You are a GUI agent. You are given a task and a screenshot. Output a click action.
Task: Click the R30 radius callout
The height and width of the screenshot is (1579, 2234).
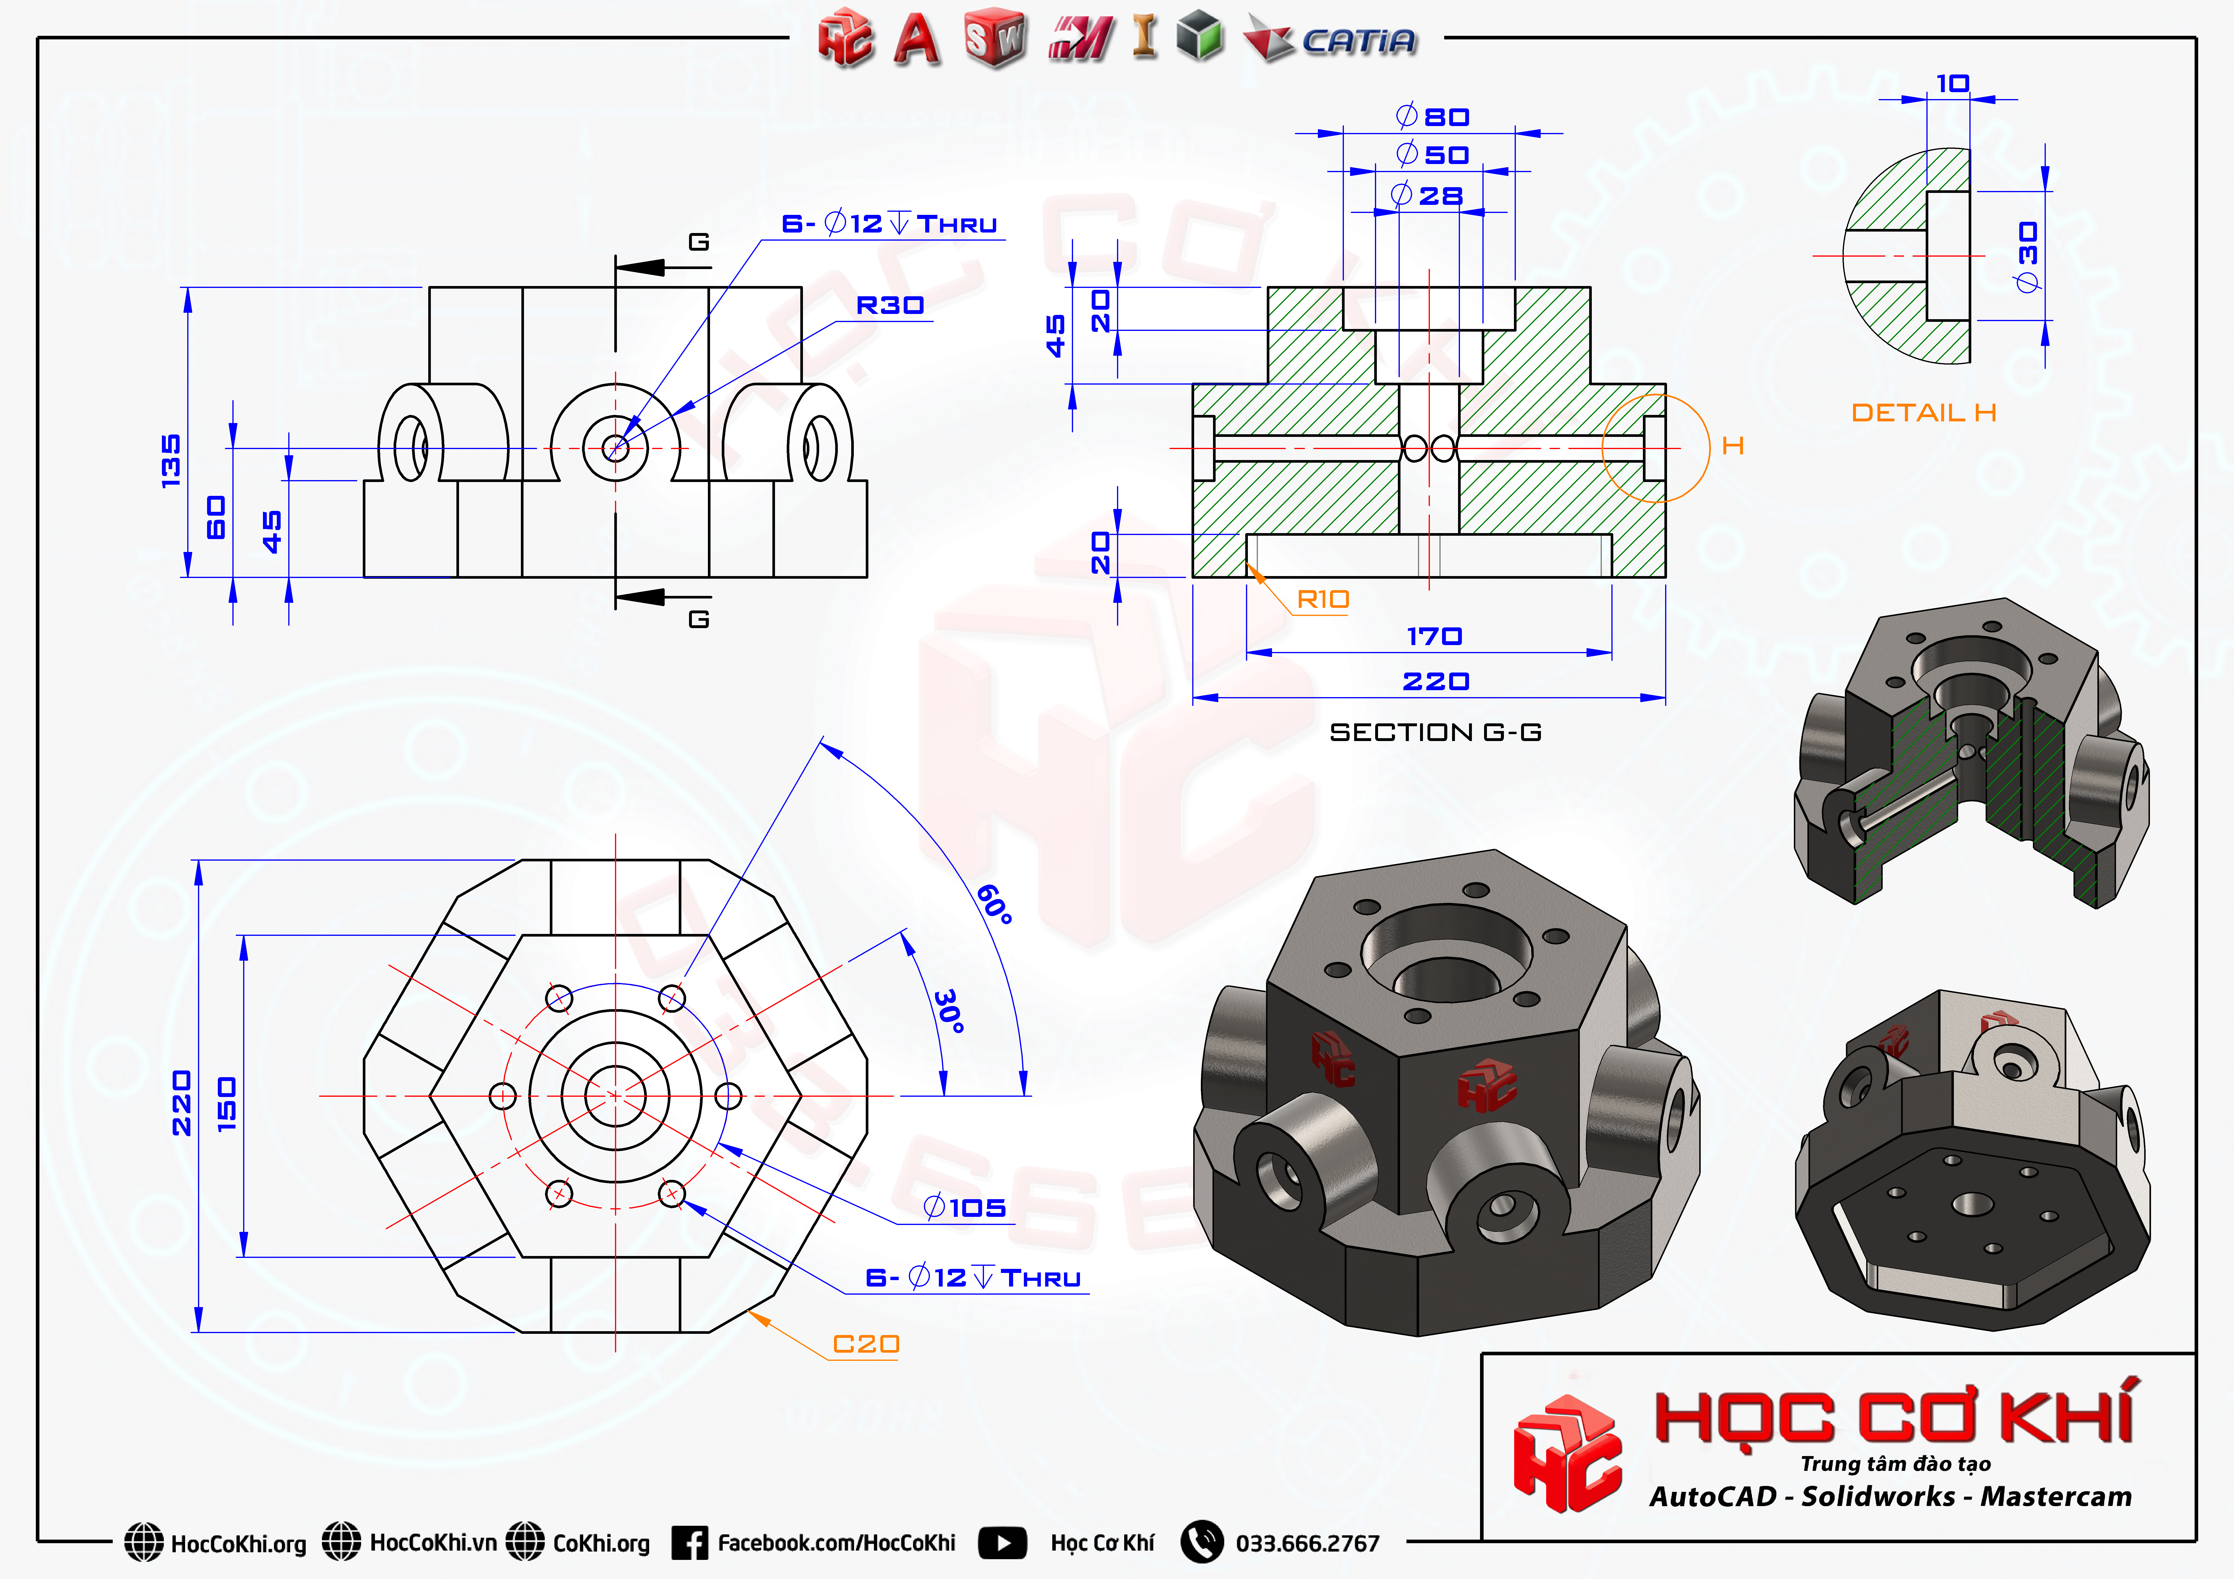[889, 306]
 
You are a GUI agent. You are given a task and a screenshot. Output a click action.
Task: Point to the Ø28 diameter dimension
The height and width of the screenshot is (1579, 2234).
[1427, 196]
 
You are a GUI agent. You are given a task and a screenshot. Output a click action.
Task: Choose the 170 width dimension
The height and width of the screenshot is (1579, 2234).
[1434, 636]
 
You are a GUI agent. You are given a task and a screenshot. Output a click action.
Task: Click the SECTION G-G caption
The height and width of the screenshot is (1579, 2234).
[1435, 732]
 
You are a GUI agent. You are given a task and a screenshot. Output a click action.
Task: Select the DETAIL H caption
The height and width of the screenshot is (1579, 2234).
[1924, 413]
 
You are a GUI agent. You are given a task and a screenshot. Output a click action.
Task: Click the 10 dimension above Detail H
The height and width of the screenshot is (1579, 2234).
[1952, 84]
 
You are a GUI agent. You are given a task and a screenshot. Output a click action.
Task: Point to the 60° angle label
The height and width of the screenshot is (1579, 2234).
[994, 904]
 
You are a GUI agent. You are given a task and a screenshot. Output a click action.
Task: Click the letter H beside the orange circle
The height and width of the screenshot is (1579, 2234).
[1732, 445]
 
